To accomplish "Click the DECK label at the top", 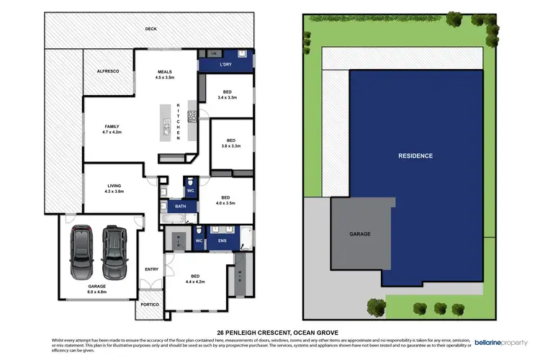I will pos(150,29).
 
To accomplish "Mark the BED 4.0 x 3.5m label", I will pos(225,200).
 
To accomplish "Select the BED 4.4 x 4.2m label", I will pos(195,279).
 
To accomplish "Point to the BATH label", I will pos(171,206).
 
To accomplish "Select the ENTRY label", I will pos(151,269).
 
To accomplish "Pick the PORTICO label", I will pos(149,305).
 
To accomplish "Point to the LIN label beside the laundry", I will pos(214,54).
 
